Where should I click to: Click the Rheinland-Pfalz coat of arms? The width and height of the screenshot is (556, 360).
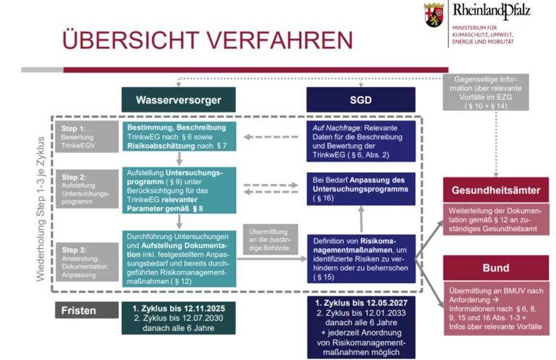pos(434,14)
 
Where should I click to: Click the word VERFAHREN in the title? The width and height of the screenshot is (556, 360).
pos(279,40)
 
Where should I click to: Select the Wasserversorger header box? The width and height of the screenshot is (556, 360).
pos(178,100)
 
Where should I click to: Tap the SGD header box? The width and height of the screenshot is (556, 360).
pos(361,100)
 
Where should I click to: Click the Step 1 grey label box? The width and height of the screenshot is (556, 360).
pos(87,137)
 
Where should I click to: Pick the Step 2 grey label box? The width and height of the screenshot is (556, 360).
pos(87,188)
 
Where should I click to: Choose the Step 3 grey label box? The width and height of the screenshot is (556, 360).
pos(87,261)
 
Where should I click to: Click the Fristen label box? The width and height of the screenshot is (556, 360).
pos(87,310)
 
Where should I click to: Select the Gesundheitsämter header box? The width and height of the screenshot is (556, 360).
pos(496,190)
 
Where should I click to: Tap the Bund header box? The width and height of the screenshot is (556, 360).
pos(496,268)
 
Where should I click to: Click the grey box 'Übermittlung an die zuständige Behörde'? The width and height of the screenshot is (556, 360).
pos(270,240)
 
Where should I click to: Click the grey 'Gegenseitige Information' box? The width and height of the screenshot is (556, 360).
pos(486,92)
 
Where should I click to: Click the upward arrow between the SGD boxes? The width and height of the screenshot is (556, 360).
pos(361,219)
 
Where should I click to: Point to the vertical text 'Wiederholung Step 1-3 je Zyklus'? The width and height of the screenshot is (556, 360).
pos(41,209)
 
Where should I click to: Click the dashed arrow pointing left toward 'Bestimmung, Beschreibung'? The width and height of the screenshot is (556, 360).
pos(271,137)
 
